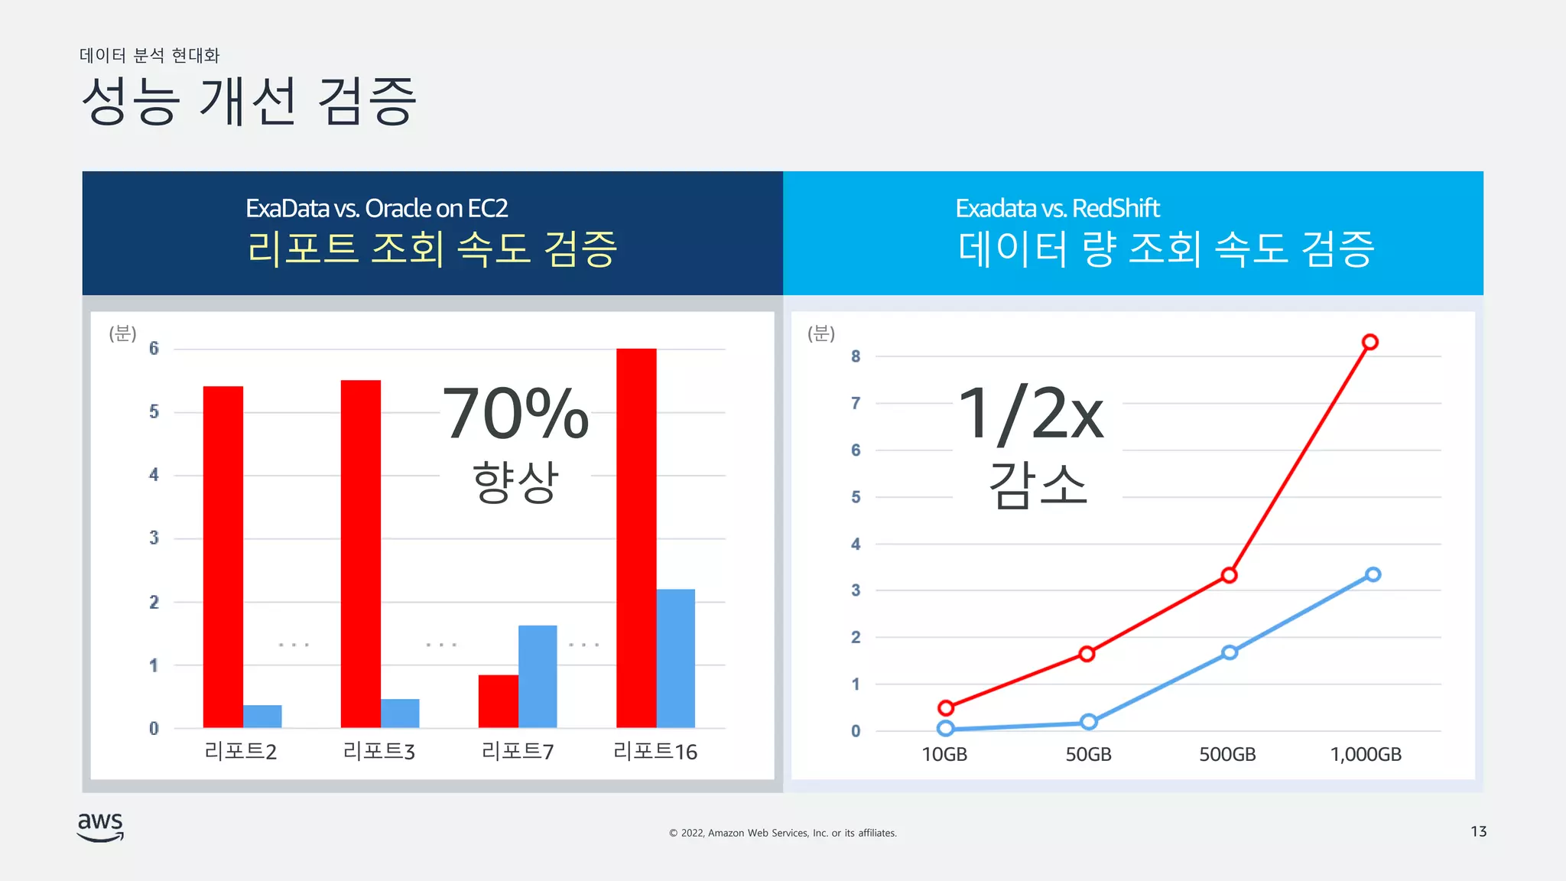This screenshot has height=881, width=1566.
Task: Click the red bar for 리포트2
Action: tap(223, 557)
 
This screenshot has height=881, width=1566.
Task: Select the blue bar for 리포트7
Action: tap(538, 676)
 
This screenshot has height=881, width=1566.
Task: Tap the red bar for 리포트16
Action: tap(636, 538)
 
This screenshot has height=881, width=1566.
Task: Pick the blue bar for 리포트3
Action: tap(400, 713)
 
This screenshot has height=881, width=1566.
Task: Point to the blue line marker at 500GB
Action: tap(1230, 652)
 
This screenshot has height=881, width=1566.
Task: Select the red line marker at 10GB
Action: tap(946, 707)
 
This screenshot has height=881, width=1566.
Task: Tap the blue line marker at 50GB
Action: tap(1089, 721)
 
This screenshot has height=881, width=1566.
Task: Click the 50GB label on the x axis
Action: tap(1088, 754)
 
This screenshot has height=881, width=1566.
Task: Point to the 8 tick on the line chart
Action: tap(856, 356)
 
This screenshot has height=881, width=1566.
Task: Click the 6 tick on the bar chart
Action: tap(154, 349)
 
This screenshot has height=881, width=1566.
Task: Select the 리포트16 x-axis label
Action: tap(655, 752)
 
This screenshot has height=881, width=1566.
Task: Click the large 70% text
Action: tap(515, 414)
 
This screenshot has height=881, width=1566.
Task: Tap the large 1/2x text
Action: tap(1031, 414)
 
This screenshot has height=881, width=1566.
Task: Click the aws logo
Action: tap(100, 826)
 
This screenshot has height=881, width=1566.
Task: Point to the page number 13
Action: tap(1478, 831)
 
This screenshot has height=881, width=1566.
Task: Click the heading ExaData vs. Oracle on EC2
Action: tap(376, 208)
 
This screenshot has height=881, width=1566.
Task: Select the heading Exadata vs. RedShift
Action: tap(1057, 208)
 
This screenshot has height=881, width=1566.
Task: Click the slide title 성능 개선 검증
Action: tap(249, 101)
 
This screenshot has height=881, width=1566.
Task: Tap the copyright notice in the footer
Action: tap(782, 833)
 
